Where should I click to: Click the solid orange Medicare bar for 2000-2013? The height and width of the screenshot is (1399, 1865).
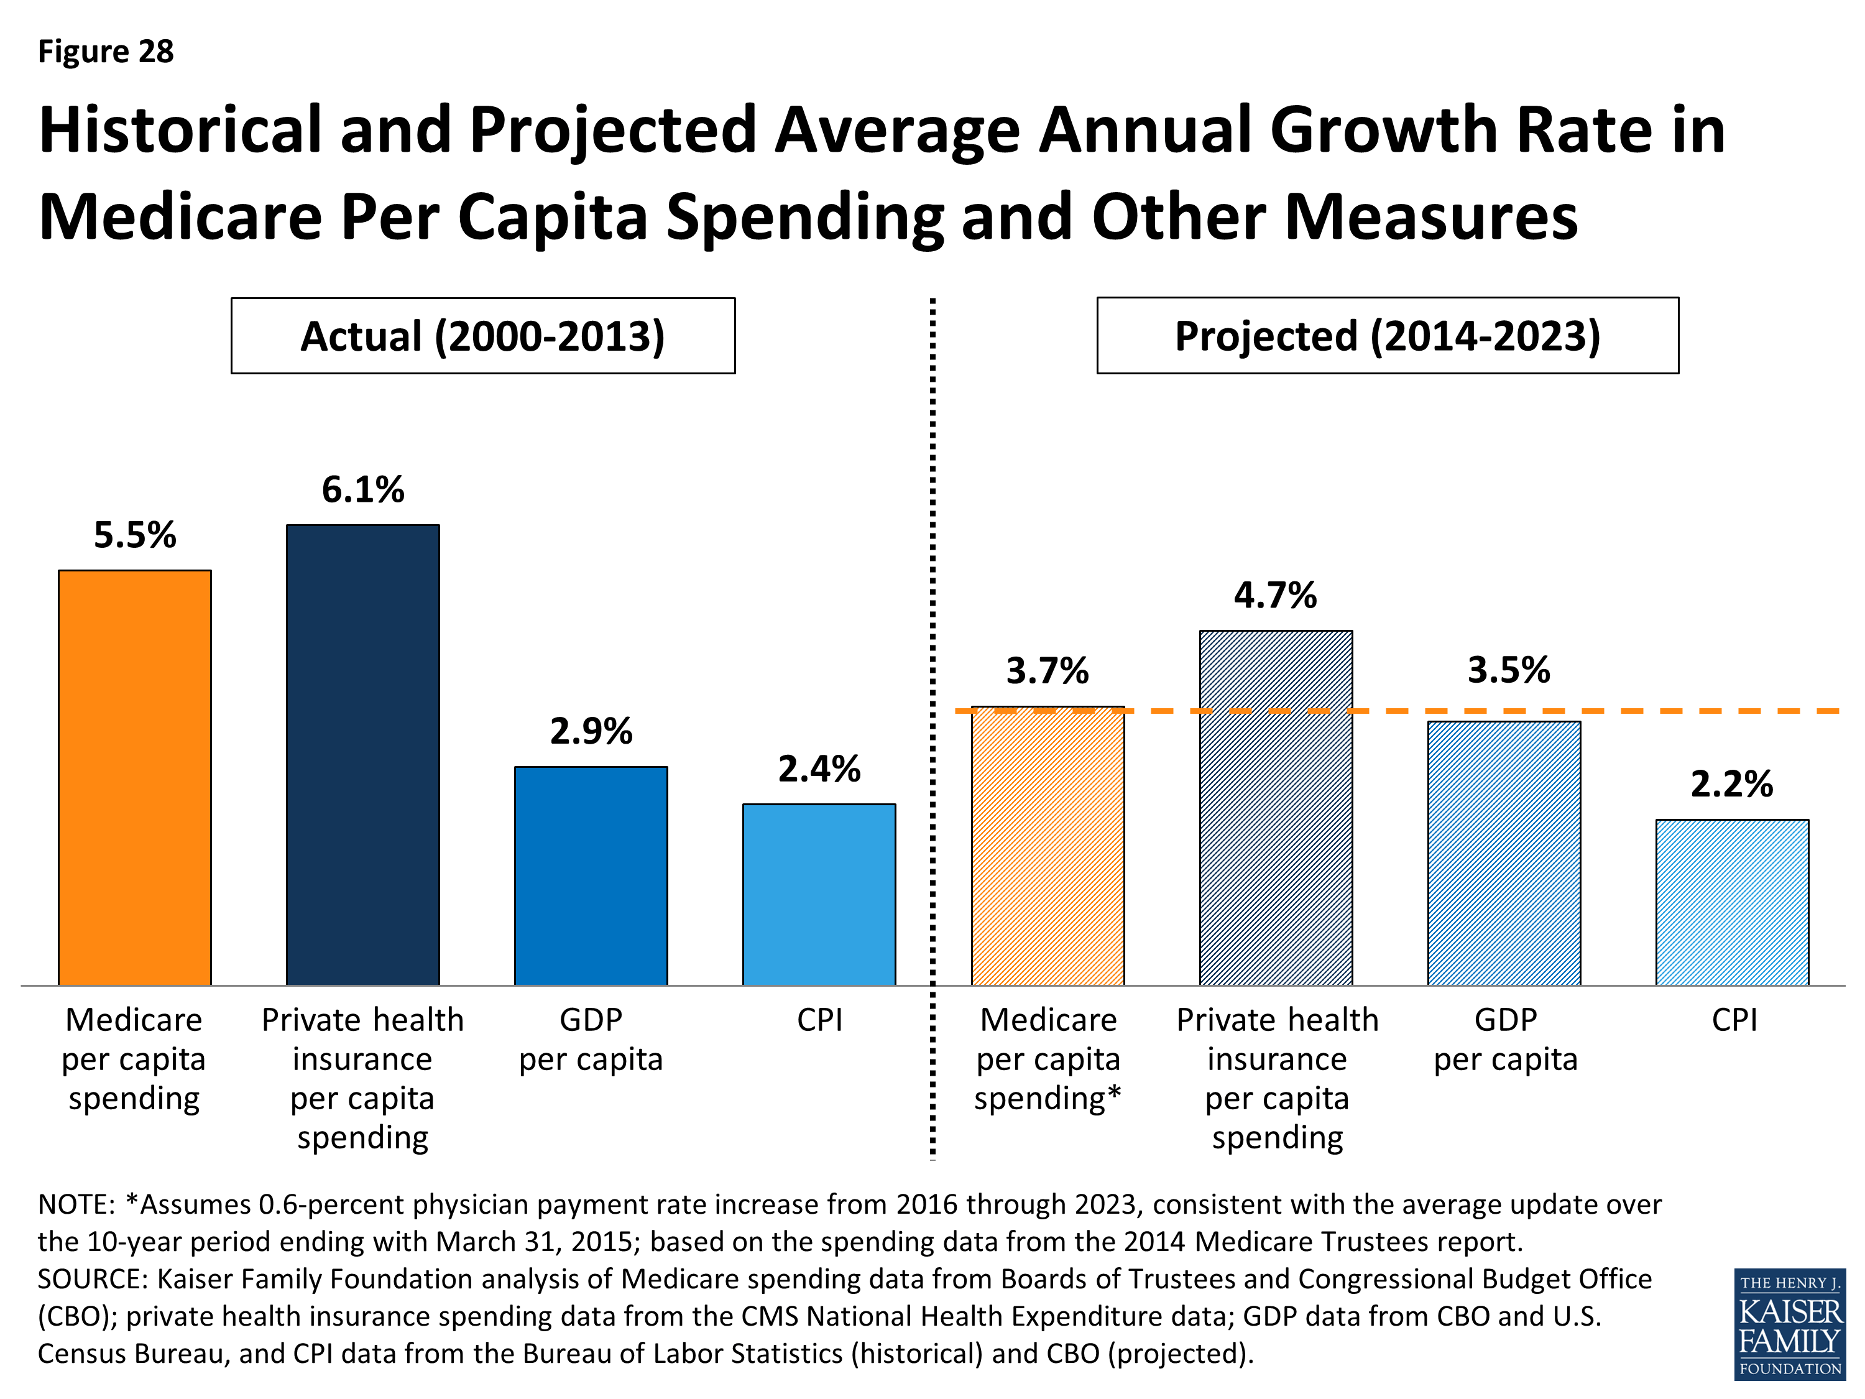(x=135, y=777)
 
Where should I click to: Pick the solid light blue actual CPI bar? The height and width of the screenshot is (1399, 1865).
(x=819, y=894)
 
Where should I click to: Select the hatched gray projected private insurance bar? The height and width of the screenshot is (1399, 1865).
(x=1276, y=810)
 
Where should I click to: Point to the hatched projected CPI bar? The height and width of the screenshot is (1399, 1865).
(x=1732, y=902)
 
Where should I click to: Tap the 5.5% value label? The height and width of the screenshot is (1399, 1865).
(x=135, y=535)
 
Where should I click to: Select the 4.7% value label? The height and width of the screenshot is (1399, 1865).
(x=1275, y=596)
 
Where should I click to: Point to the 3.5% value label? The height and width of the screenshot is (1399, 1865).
(x=1508, y=670)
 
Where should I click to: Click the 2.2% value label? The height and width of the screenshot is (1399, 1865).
(x=1732, y=784)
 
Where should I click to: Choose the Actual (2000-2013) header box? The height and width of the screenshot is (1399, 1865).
(x=483, y=336)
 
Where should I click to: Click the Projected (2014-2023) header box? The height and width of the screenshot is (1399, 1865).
(x=1387, y=336)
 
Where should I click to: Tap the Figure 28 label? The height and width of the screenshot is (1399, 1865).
(x=106, y=52)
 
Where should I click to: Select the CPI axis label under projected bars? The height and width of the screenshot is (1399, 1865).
(x=1734, y=1020)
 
